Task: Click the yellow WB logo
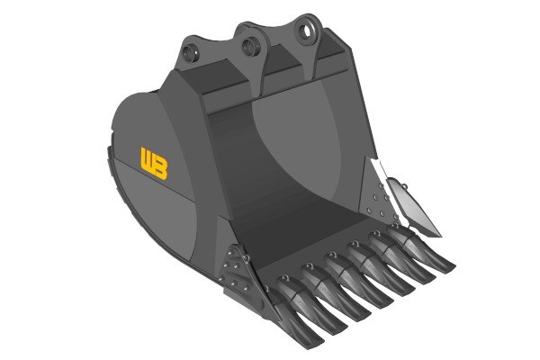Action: point(154,164)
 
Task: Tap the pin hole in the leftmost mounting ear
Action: point(190,53)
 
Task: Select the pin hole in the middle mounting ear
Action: point(249,46)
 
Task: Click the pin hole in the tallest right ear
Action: point(305,31)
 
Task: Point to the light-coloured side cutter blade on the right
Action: point(413,207)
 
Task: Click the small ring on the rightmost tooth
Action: point(395,225)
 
